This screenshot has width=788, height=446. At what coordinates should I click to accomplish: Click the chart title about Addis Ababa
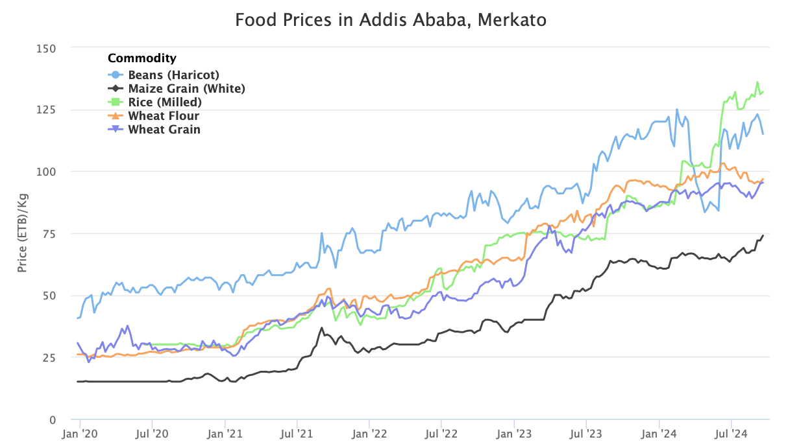pos(391,20)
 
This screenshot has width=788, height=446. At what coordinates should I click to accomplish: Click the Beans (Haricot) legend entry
pos(173,75)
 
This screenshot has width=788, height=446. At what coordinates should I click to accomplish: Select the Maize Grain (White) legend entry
pos(186,88)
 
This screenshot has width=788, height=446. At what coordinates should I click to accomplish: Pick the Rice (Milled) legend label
pos(165,102)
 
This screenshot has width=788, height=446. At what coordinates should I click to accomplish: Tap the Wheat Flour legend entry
pos(164,116)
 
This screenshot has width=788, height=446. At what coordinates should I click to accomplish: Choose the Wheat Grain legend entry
pos(164,130)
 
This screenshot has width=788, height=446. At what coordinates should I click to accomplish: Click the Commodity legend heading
pos(142,58)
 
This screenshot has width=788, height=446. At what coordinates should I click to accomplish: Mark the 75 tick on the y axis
pos(51,233)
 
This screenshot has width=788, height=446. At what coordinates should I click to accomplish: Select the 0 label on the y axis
pos(53,419)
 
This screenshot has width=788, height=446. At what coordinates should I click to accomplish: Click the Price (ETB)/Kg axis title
pos(22,233)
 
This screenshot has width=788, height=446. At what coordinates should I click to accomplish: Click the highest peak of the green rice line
pos(757,82)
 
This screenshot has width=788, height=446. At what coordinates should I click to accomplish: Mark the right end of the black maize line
pos(763,235)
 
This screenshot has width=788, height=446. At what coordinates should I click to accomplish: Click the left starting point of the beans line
pos(78,318)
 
